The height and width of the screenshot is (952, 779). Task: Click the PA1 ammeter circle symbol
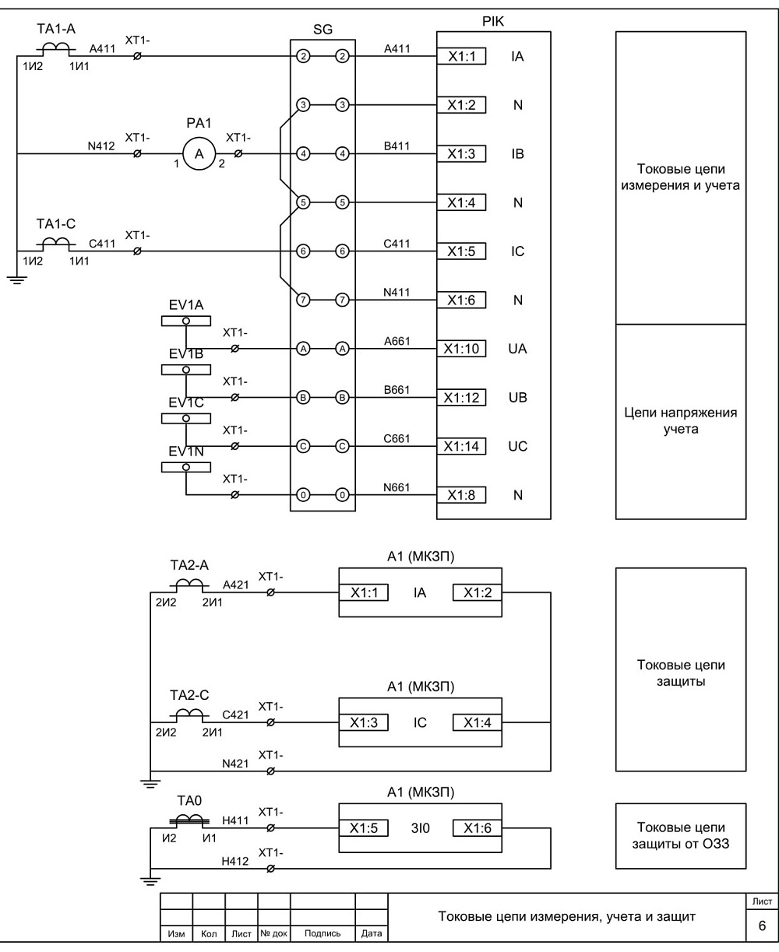[199, 154]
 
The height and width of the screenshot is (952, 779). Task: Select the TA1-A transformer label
[56, 29]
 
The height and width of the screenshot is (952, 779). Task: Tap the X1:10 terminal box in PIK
[461, 349]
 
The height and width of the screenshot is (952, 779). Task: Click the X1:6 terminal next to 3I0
[478, 828]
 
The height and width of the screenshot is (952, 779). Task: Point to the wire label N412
[101, 146]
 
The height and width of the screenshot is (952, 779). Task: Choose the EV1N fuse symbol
[186, 467]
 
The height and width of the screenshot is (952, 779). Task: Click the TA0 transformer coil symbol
[189, 820]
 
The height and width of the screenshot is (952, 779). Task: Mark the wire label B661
[397, 389]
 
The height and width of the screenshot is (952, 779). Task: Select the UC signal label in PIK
[517, 447]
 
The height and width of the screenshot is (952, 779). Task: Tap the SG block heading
[323, 30]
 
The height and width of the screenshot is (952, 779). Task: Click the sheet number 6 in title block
[762, 926]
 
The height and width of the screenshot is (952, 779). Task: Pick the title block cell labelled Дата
[372, 933]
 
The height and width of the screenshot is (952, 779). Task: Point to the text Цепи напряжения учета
[681, 420]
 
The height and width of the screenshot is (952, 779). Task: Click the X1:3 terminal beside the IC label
[364, 722]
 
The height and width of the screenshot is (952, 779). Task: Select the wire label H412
[235, 861]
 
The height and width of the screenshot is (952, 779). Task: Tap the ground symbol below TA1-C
[16, 279]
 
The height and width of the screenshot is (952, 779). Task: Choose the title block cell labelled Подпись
[323, 933]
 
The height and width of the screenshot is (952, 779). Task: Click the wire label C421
[235, 715]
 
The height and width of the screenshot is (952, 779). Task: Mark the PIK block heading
[493, 21]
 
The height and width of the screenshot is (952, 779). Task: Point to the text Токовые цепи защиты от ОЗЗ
[681, 835]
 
